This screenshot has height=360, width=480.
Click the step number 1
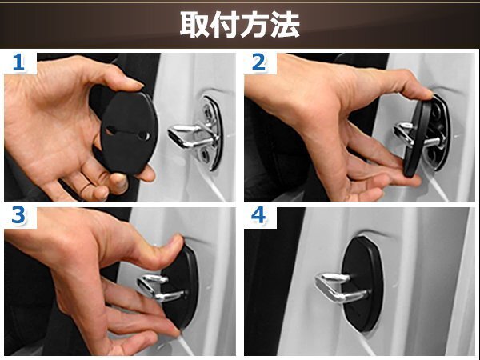[18, 62]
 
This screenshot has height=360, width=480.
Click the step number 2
[258, 62]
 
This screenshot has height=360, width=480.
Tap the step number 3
[18, 215]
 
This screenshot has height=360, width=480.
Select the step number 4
[258, 215]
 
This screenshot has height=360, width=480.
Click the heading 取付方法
[240, 25]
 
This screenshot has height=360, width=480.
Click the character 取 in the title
[194, 25]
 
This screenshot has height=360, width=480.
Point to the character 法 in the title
[285, 25]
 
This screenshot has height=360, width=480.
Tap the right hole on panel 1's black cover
[143, 135]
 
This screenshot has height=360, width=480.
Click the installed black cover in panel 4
[362, 284]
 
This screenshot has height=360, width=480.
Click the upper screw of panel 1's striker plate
[209, 112]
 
